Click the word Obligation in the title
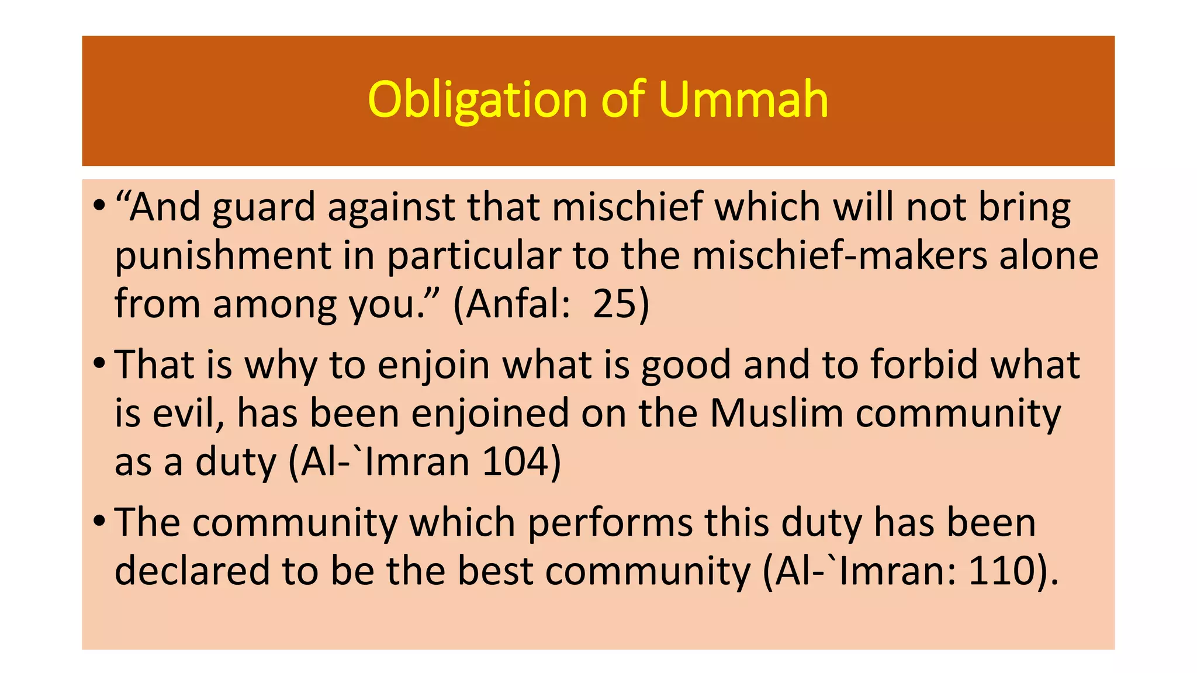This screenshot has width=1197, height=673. pyautogui.click(x=477, y=100)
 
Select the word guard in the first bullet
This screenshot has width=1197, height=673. pyautogui.click(x=264, y=208)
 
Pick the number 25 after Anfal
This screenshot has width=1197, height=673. pyautogui.click(x=613, y=304)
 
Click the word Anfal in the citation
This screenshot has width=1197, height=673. pyautogui.click(x=512, y=304)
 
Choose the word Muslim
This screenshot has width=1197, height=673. pyautogui.click(x=777, y=413)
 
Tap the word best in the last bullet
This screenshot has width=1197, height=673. pyautogui.click(x=495, y=571)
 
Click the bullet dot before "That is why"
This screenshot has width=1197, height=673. pyautogui.click(x=99, y=363)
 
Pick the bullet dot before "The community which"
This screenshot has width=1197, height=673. pyautogui.click(x=99, y=521)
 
